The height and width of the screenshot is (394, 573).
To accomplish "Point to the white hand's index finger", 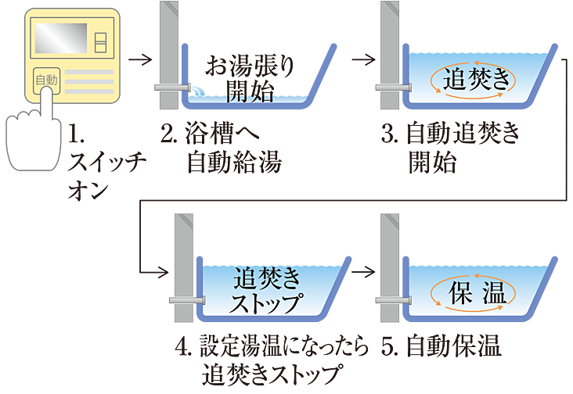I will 45,102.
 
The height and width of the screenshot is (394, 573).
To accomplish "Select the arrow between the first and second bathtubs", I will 360,59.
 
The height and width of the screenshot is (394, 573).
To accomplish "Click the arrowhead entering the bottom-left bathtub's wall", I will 162,272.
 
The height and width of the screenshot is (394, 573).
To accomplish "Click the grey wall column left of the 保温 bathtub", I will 388,258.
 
